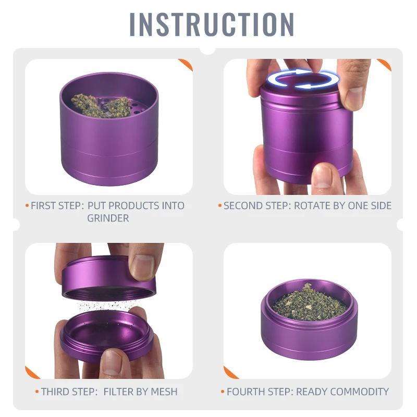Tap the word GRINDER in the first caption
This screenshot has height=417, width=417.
[108, 218]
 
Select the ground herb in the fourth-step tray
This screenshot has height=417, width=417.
[309, 303]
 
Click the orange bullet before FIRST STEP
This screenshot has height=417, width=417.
[27, 205]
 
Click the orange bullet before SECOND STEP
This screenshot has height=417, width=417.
[220, 205]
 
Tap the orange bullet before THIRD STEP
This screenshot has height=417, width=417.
[37, 391]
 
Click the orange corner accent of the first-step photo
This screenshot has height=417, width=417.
[186, 65]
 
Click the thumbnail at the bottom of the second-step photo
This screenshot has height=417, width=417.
[323, 176]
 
